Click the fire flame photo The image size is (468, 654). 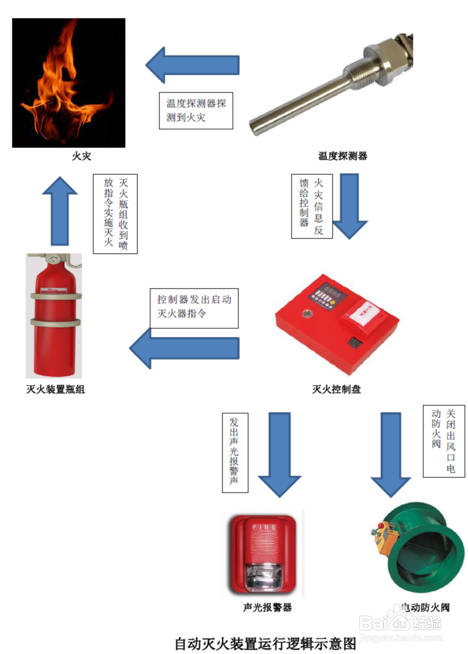tap(68, 83)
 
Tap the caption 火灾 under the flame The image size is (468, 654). tap(81, 156)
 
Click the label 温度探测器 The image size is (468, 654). tap(342, 156)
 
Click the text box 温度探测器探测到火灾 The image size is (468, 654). tap(196, 111)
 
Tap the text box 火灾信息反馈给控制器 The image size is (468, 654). tap(312, 206)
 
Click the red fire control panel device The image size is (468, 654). tap(337, 324)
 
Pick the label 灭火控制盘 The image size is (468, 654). tap(336, 389)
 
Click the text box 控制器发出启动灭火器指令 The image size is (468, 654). tap(194, 308)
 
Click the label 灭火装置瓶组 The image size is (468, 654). tap(55, 389)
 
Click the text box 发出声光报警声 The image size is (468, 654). tap(235, 453)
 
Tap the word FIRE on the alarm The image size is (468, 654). tap(264, 527)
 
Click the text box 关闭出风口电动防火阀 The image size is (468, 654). tap(444, 441)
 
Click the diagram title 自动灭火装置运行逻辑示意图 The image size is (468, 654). tap(265, 643)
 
